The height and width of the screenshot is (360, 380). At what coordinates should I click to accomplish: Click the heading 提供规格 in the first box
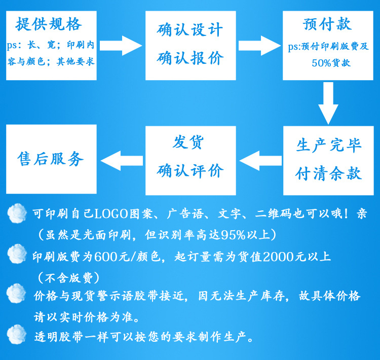pyautogui.click(x=49, y=24)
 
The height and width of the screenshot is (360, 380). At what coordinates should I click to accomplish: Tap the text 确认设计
pyautogui.click(x=190, y=30)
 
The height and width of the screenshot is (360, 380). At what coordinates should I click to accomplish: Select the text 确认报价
pyautogui.click(x=190, y=58)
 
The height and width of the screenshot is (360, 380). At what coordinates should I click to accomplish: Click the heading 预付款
pyautogui.click(x=327, y=24)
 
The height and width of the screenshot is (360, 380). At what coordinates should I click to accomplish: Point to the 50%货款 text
pyautogui.click(x=331, y=63)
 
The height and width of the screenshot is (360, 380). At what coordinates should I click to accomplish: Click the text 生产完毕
pyautogui.click(x=329, y=146)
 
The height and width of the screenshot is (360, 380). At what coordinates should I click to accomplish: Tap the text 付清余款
pyautogui.click(x=329, y=173)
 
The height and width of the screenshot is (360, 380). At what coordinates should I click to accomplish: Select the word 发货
pyautogui.click(x=188, y=142)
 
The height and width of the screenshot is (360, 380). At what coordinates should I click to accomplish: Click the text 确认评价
pyautogui.click(x=190, y=170)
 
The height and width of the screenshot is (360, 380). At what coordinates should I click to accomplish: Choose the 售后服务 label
pyautogui.click(x=50, y=159)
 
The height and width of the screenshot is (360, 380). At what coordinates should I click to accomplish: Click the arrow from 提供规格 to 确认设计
pyautogui.click(x=121, y=46)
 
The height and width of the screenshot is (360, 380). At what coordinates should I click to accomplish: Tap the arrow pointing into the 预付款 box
pyautogui.click(x=259, y=46)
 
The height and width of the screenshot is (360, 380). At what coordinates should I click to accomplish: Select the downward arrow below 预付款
pyautogui.click(x=328, y=103)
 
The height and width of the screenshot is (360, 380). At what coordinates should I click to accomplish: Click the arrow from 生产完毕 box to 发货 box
pyautogui.click(x=260, y=161)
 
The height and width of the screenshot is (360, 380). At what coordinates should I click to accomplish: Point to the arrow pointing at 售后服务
pyautogui.click(x=122, y=161)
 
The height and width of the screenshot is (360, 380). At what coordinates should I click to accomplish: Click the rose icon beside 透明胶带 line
pyautogui.click(x=17, y=335)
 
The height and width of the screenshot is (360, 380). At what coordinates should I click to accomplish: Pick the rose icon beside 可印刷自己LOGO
pyautogui.click(x=17, y=213)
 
